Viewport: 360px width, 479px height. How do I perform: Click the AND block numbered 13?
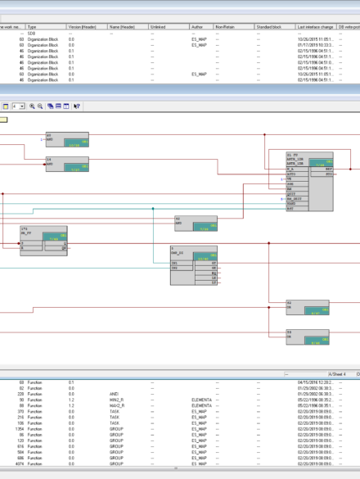[x=66, y=139]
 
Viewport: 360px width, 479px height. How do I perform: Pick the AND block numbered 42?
[x=196, y=224]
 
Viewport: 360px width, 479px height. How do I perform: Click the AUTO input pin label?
[x=292, y=174]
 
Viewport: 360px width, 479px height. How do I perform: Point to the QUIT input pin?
[x=291, y=194]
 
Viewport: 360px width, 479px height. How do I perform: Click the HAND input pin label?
[x=291, y=204]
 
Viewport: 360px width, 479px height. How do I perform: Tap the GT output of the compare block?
[x=214, y=263]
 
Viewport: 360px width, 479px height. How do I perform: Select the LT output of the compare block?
[x=214, y=278]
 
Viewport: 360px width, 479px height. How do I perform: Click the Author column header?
[x=196, y=27]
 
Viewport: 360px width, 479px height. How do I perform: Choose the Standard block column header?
[x=270, y=27]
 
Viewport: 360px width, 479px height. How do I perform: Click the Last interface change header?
[x=316, y=27]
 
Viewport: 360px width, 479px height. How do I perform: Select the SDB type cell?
[x=34, y=34]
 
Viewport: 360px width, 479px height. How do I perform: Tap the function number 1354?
[x=19, y=427]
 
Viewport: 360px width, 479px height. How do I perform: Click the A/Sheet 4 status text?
[x=336, y=373]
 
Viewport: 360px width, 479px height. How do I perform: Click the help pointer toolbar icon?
[x=76, y=106]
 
